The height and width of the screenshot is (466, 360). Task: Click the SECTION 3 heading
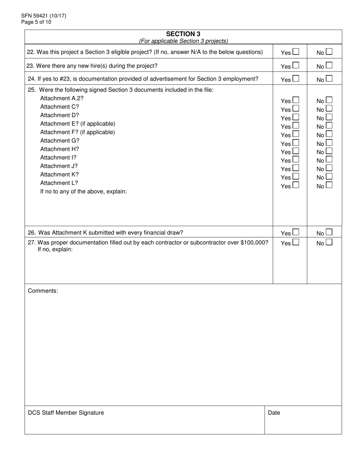click(x=183, y=34)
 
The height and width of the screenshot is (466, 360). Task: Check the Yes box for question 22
click(x=296, y=52)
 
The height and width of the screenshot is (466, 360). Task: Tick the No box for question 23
click(x=329, y=65)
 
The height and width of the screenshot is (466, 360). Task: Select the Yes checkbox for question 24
click(x=296, y=78)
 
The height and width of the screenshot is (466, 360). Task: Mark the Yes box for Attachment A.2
click(x=296, y=100)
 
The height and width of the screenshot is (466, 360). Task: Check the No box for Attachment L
click(x=329, y=185)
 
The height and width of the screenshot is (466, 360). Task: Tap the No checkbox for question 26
click(x=329, y=232)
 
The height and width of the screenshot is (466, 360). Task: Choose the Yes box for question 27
click(x=296, y=242)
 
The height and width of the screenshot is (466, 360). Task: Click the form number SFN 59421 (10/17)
click(x=44, y=16)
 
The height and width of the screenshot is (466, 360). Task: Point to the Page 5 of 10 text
click(x=36, y=22)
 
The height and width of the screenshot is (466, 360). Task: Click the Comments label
click(x=43, y=291)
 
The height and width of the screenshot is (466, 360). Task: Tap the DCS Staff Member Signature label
click(x=66, y=413)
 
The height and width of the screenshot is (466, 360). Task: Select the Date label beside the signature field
click(x=274, y=413)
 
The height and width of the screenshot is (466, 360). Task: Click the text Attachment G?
click(x=60, y=141)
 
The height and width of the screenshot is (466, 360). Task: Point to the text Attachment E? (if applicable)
click(x=78, y=124)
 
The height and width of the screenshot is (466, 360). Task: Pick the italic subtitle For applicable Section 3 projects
click(x=183, y=41)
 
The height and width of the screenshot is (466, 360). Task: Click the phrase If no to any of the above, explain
click(x=83, y=191)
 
